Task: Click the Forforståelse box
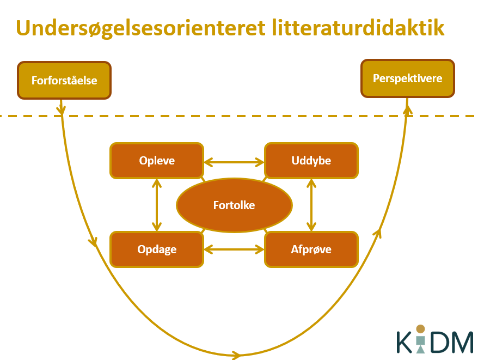(64, 80)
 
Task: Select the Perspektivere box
(408, 78)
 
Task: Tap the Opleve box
(157, 161)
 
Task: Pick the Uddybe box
(311, 161)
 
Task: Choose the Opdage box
(157, 249)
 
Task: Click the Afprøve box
(311, 249)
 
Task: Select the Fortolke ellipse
(234, 205)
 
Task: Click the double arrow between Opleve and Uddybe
(234, 162)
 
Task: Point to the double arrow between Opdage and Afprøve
(234, 249)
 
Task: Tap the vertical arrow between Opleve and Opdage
(157, 205)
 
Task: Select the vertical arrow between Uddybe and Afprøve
(311, 205)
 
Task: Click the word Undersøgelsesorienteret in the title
(141, 28)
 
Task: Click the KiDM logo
(435, 339)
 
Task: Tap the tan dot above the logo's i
(421, 329)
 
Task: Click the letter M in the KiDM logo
(461, 343)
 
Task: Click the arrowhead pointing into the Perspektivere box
(407, 110)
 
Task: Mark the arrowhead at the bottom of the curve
(236, 355)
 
